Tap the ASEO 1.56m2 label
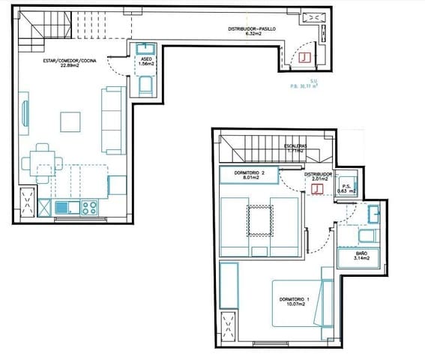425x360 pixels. coord(145,61)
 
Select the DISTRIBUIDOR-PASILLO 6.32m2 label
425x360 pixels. coord(253,31)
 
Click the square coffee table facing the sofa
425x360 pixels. coord(71,121)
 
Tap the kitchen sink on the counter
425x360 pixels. coord(62,207)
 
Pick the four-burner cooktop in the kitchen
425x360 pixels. coord(89,207)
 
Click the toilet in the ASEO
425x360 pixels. coord(144,88)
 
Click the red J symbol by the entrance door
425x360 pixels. coord(305,57)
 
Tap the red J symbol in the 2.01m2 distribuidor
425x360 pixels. coord(317,188)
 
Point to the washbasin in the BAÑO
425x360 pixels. coord(371,216)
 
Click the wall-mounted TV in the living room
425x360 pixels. coord(25,113)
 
